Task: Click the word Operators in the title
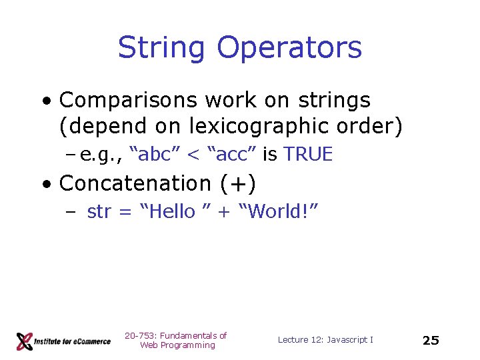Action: tap(289, 48)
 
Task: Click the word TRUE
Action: tap(308, 155)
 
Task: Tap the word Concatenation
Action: tap(135, 183)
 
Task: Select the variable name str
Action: tap(99, 212)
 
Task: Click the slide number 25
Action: tap(431, 340)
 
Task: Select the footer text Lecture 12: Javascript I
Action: tap(325, 340)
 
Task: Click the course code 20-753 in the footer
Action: tap(139, 335)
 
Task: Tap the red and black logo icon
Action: tap(25, 341)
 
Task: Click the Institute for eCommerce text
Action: tap(73, 341)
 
